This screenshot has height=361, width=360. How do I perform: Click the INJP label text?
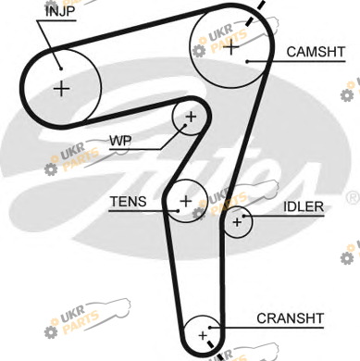click(x=60, y=12)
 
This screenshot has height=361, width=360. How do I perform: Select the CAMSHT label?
click(x=316, y=52)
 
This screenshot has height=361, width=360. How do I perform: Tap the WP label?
click(x=120, y=141)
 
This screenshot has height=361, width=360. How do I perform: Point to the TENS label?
click(x=129, y=202)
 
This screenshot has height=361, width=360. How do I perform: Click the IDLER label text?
click(x=304, y=206)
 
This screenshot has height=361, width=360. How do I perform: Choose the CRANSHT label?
click(x=290, y=318)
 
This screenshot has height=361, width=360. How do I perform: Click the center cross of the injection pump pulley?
click(x=62, y=89)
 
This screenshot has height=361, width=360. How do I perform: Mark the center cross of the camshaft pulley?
click(x=230, y=47)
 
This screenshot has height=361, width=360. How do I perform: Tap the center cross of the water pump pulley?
click(x=191, y=117)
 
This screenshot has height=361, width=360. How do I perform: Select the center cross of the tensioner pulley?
click(x=186, y=201)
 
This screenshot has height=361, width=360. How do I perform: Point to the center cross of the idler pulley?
click(x=237, y=222)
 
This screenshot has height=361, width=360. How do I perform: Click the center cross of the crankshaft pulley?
click(x=203, y=335)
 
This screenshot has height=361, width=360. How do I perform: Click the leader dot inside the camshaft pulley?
click(x=247, y=61)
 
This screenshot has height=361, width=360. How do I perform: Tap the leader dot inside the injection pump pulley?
click(x=61, y=68)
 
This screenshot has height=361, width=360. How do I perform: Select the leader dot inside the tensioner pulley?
click(x=178, y=211)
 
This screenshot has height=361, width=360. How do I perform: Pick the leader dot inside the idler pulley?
click(x=243, y=216)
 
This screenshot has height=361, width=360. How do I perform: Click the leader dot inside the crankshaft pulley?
click(x=209, y=328)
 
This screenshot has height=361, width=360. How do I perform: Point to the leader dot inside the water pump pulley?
click(x=185, y=125)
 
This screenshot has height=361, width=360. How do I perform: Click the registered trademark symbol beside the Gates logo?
click(x=353, y=198)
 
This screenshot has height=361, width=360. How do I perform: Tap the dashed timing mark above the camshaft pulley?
click(x=255, y=13)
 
